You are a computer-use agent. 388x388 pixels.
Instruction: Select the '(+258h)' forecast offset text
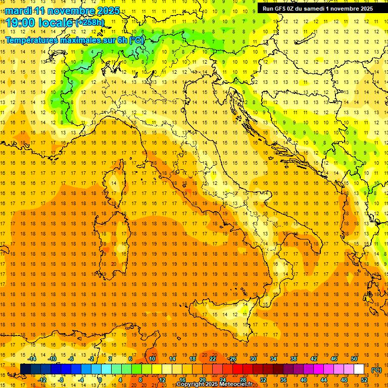(90, 23)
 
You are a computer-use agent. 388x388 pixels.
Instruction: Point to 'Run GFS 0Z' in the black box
(280, 9)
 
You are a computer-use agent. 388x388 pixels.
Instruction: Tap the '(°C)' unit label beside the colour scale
(376, 370)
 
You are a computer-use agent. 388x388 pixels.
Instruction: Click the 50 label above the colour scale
(354, 359)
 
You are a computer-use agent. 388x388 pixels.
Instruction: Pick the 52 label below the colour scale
(364, 379)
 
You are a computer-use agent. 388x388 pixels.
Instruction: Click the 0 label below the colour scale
(100, 379)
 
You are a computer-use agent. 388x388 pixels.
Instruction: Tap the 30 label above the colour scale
(253, 359)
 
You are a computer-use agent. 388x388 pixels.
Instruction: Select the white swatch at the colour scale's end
(359, 369)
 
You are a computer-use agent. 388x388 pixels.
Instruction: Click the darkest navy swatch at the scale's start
(25, 369)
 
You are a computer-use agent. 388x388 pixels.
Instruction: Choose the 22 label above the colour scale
(213, 359)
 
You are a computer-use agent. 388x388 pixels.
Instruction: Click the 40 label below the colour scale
(303, 379)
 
